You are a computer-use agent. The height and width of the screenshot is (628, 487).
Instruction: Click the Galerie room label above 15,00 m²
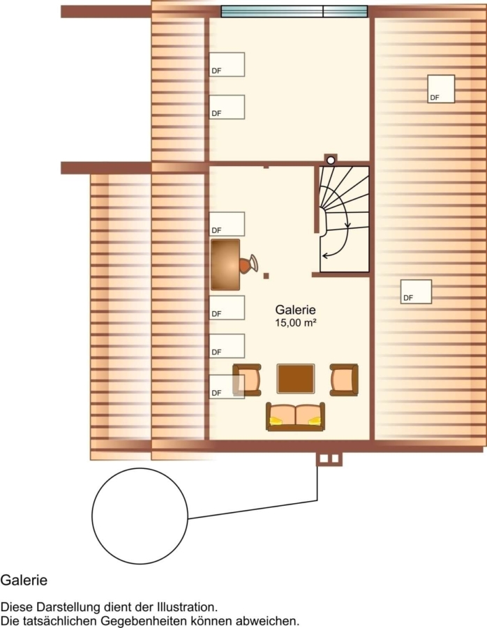pos(295,310)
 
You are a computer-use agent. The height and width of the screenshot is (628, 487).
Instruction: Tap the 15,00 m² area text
pos(296,323)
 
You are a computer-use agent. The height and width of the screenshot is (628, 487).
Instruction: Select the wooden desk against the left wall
pos(225,264)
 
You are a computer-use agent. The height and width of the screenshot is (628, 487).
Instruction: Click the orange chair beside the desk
pos(248,264)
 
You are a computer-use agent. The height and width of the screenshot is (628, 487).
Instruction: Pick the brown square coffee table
pos(296,378)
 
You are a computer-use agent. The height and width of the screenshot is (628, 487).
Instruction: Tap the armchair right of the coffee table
pos(344,380)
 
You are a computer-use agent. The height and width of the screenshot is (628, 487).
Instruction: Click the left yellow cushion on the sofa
pos(276,421)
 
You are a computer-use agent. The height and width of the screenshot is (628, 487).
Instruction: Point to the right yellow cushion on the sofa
pos(315,421)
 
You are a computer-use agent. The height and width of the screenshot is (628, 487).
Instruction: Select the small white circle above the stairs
pos(331,160)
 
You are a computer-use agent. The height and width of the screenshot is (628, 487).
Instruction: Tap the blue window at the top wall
pos(294,11)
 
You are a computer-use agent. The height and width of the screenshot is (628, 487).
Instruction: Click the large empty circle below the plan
pos(140,516)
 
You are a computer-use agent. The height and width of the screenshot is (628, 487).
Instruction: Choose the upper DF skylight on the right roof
pos(441,89)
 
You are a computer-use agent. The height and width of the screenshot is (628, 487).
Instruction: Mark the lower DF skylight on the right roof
pos(416,292)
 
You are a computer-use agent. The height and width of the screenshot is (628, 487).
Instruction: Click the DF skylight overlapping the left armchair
pos(227,387)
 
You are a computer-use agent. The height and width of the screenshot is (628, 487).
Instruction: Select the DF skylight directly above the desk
pos(227,224)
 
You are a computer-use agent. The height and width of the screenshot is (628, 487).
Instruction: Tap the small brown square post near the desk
pos(267,276)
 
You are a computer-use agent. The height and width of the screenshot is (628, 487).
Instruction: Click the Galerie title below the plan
pos(24,580)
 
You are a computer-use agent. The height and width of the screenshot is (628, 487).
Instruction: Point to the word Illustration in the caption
pos(183,607)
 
